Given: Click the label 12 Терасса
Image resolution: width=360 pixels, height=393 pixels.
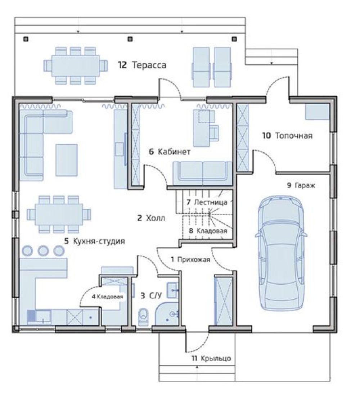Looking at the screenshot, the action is (x=142, y=65).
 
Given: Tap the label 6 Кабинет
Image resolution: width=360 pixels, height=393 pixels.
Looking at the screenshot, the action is (x=170, y=152).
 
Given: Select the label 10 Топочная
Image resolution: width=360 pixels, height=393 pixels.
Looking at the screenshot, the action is (x=287, y=136).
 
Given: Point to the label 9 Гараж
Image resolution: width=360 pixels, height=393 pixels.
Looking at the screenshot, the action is (x=301, y=185).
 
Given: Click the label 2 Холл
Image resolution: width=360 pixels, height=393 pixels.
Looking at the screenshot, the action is (x=151, y=218).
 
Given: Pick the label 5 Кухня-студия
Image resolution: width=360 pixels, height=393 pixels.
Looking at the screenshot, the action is (x=95, y=241).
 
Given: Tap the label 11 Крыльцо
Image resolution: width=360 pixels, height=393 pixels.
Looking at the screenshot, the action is (x=211, y=358).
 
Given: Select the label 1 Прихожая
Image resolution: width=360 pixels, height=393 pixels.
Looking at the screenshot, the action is (x=190, y=259).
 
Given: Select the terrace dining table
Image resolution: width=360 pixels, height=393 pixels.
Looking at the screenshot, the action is (x=76, y=65).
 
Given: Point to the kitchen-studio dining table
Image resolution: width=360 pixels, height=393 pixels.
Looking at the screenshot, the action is (x=59, y=214).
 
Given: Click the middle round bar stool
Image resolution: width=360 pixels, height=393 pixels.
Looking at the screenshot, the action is (x=43, y=250).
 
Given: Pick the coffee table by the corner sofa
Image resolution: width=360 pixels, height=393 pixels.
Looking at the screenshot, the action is (x=67, y=160).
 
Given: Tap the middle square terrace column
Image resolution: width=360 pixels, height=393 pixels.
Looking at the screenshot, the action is (x=130, y=39).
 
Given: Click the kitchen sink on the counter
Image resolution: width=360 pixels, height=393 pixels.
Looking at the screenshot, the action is (x=39, y=317).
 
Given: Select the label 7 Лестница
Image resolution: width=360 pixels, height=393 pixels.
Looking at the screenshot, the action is (x=207, y=202).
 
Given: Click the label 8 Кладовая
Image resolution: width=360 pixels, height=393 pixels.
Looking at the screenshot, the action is (x=208, y=231).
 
